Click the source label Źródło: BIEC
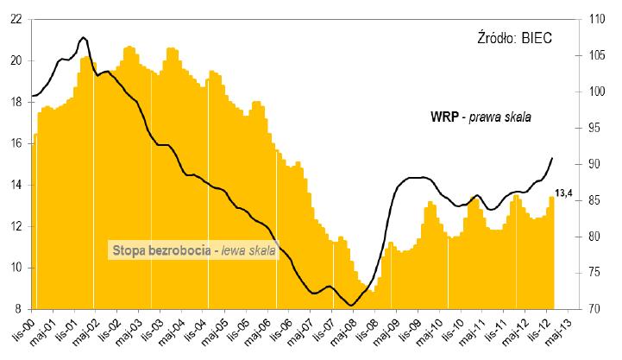(514, 38)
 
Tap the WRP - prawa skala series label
(481, 117)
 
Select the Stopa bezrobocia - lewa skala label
(193, 251)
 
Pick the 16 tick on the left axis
(16, 143)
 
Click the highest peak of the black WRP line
(83, 38)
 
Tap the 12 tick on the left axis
(16, 226)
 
